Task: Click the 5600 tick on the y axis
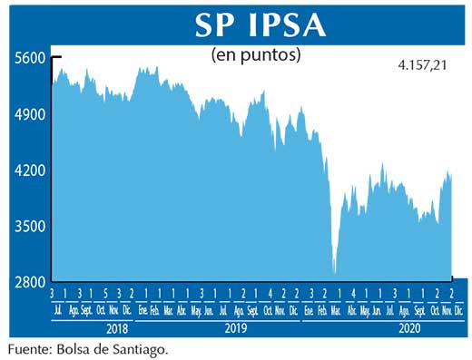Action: coord(29,57)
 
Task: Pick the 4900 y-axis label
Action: coord(29,114)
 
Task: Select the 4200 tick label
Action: coord(29,170)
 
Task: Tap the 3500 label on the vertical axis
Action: coord(29,226)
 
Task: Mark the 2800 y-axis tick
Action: coord(29,282)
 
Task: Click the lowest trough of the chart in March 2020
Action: coord(335,272)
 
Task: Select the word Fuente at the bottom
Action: coord(28,348)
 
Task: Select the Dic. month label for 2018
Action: coord(131,310)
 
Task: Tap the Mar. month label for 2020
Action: coord(338,310)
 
